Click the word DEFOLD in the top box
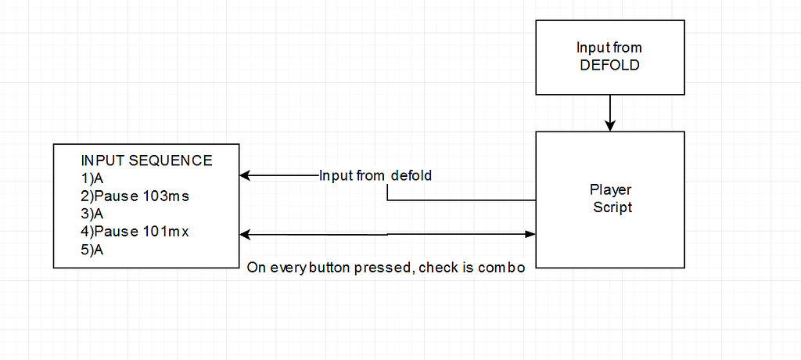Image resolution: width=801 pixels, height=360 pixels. point(609,65)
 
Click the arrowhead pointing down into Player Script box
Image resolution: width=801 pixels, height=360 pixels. point(610,125)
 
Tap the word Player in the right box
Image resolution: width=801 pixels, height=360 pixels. point(610,190)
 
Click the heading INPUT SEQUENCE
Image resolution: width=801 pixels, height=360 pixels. point(146,160)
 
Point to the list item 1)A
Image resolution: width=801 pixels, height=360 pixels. point(92,178)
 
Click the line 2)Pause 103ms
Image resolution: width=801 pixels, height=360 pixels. point(135,196)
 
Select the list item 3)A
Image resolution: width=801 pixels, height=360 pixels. point(92,214)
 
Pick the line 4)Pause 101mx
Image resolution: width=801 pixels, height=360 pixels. point(135,232)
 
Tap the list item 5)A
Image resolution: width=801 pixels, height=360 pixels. point(92,250)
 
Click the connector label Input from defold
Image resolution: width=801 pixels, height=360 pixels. point(375,175)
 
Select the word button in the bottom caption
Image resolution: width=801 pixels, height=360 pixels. point(329,268)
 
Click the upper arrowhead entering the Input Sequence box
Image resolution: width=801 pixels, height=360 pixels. point(246,175)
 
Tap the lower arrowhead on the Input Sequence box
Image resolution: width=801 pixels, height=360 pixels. point(246,234)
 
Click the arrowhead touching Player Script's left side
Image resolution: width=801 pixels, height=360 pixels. point(530,234)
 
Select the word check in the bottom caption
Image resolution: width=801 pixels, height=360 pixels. point(436,268)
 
